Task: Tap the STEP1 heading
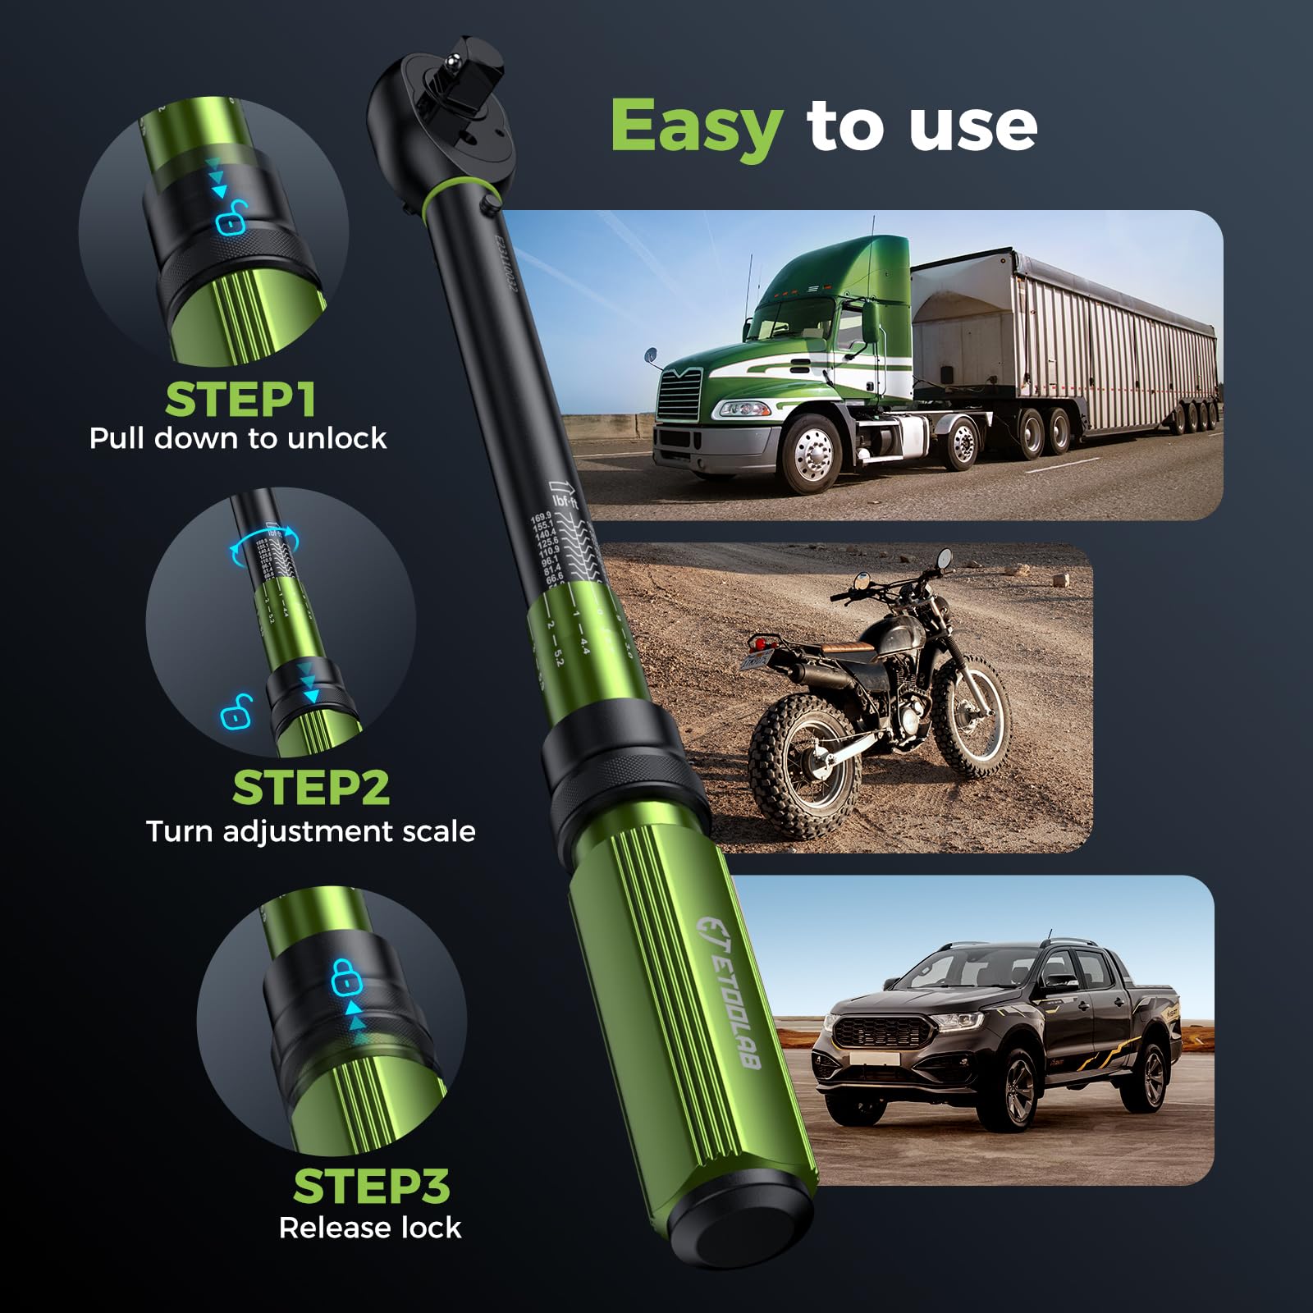[240, 400]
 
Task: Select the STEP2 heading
[311, 788]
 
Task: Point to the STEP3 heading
[372, 1186]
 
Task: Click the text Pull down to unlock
[238, 438]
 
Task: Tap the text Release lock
[370, 1228]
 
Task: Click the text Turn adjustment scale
[311, 831]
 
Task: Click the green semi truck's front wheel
[813, 454]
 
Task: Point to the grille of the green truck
[679, 395]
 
